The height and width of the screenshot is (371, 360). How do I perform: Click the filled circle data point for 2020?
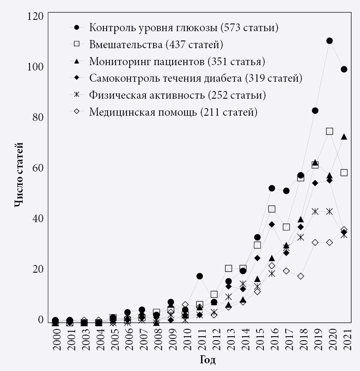[329, 41]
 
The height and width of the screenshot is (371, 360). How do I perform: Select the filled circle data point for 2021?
[344, 69]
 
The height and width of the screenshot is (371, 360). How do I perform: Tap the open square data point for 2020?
[329, 131]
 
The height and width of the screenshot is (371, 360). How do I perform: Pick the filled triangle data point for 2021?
[344, 137]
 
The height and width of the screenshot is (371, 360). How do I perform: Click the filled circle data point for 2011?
[199, 276]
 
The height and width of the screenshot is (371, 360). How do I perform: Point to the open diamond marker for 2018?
[300, 276]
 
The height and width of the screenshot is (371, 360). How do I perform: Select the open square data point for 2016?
[272, 209]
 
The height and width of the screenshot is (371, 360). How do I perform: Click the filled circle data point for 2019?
[315, 111]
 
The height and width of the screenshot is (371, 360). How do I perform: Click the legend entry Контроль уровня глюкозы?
[184, 28]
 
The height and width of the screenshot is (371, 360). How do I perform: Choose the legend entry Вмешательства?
[156, 45]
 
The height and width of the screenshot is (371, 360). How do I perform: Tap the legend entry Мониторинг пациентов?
[177, 61]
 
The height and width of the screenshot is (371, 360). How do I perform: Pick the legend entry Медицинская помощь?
[173, 112]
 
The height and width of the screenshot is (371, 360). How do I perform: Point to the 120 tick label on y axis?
[35, 17]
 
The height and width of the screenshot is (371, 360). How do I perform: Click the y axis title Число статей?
[19, 174]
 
